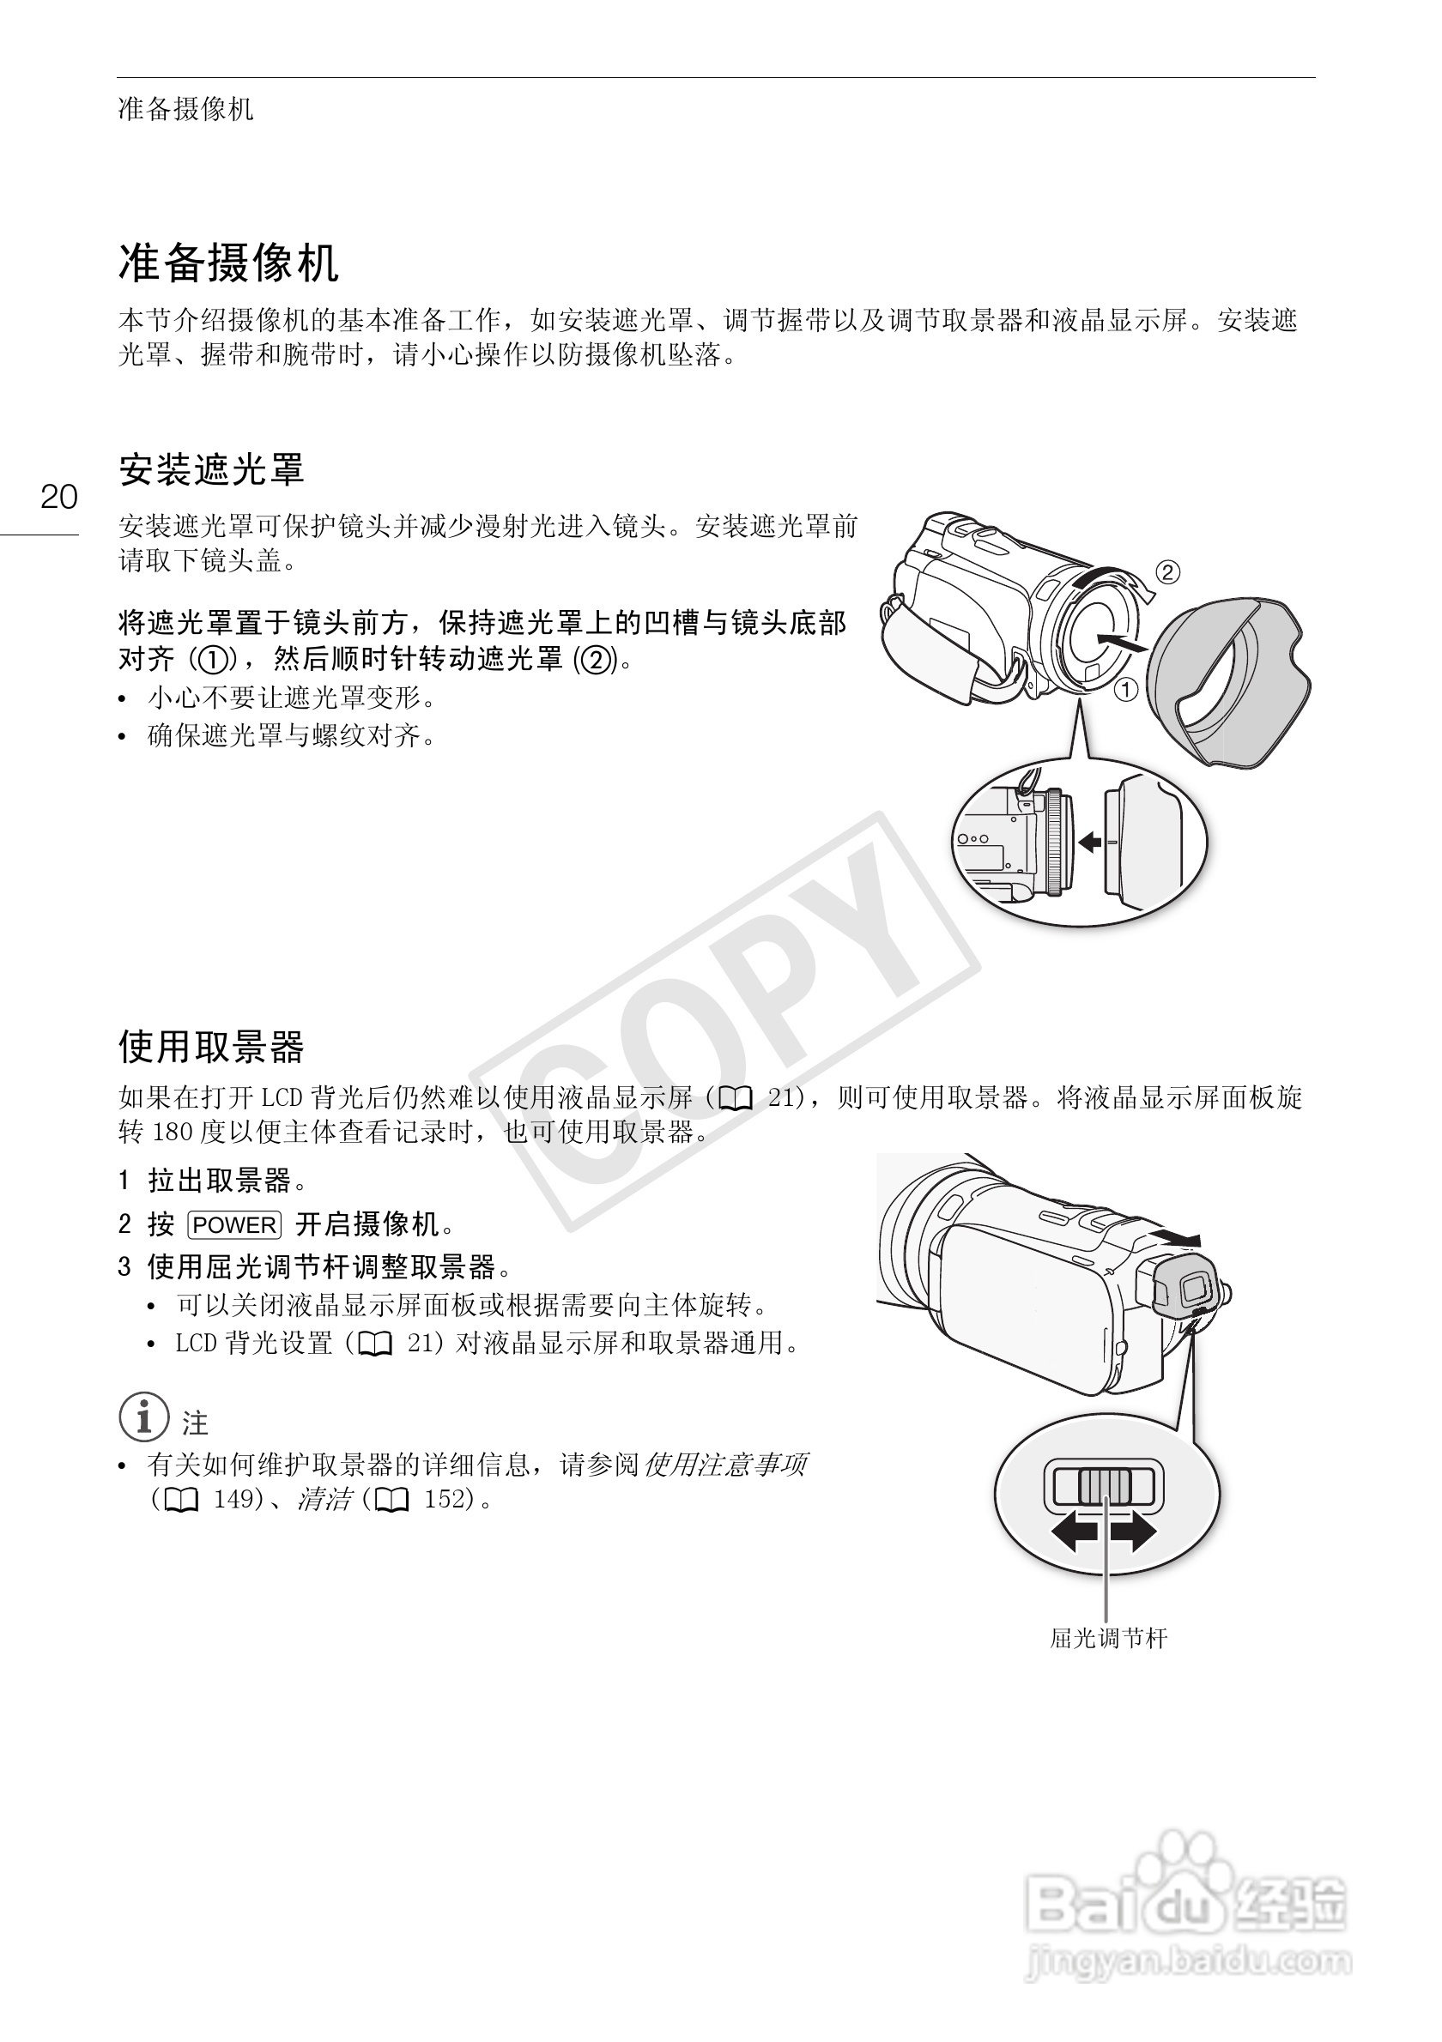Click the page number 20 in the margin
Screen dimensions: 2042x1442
[x=58, y=496]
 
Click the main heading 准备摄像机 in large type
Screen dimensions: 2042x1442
[x=227, y=263]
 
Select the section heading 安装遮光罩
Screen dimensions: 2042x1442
[x=211, y=468]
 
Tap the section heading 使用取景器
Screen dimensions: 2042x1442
[x=211, y=1047]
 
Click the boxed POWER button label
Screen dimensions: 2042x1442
[x=235, y=1225]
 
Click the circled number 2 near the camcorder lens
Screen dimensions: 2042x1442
[x=1167, y=572]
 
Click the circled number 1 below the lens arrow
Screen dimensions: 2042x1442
[x=1126, y=689]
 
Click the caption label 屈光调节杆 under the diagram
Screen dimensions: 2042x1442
[x=1107, y=1638]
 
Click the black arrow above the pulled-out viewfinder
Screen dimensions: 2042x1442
[x=1173, y=1237]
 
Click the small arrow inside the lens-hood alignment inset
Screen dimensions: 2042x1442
[x=1089, y=842]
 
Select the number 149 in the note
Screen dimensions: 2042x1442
[x=234, y=1499]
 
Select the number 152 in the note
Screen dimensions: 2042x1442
[x=445, y=1499]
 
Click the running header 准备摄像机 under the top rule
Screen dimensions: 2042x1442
[x=185, y=110]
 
